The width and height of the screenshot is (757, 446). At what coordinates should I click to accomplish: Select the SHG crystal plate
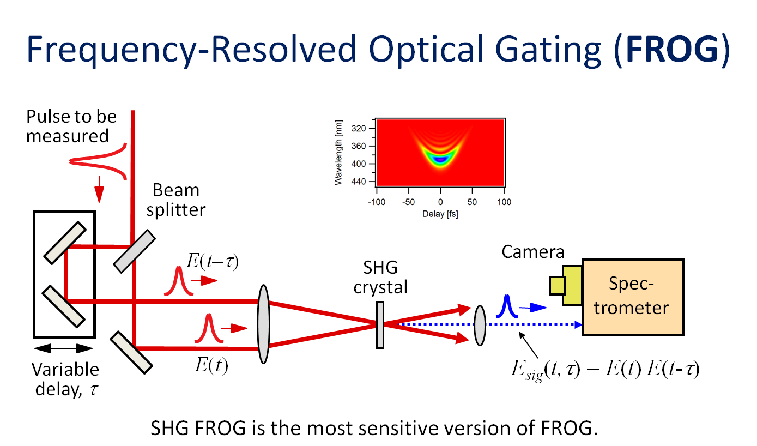380,325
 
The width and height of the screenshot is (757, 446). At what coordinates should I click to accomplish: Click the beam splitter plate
135,251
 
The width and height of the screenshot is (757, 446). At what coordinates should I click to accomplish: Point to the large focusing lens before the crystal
263,324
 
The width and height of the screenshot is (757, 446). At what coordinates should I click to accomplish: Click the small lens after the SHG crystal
480,325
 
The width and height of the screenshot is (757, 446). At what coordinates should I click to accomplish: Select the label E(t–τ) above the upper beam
213,261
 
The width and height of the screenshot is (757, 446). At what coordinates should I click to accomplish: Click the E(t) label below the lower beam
211,365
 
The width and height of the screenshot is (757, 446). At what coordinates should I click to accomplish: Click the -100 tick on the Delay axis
377,202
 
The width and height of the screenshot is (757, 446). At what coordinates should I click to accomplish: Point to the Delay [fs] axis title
440,214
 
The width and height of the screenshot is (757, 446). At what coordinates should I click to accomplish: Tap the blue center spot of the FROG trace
440,159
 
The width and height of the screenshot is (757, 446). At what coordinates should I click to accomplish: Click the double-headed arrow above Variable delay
63,348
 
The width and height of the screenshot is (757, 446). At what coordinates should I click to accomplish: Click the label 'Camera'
533,252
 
